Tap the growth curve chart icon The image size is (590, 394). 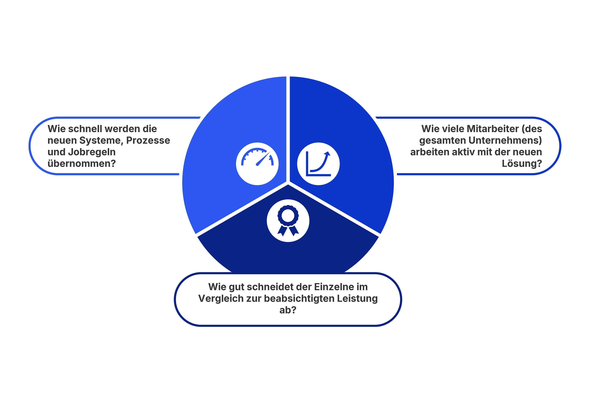(x=318, y=164)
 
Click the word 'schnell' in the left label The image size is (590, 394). (x=85, y=129)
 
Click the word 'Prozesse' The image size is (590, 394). (x=148, y=140)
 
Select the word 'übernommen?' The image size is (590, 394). (x=82, y=164)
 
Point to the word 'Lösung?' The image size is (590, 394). (x=522, y=164)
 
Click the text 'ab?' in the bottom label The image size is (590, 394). (x=288, y=310)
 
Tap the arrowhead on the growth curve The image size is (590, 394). (x=327, y=153)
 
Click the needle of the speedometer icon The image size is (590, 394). (x=263, y=159)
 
